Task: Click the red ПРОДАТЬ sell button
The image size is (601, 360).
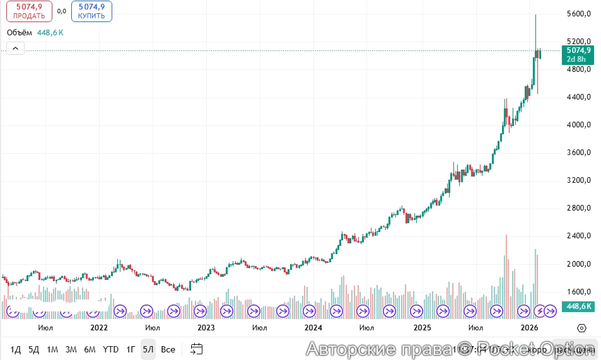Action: [29, 11]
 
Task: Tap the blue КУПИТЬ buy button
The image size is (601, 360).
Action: [91, 11]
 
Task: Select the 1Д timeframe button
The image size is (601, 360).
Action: [16, 349]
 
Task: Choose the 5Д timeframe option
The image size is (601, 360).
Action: [34, 349]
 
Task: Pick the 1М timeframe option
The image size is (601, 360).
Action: [52, 349]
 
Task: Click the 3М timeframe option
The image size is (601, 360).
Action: [71, 349]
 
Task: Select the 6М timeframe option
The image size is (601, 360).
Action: [90, 349]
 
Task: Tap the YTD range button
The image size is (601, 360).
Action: [111, 349]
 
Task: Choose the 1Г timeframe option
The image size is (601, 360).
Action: [131, 349]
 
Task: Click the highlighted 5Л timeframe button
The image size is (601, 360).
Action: [148, 349]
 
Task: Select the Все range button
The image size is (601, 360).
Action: [168, 349]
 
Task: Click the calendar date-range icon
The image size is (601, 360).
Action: [197, 349]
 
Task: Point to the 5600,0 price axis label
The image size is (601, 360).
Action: [578, 14]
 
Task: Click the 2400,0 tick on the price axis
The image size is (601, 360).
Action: [578, 236]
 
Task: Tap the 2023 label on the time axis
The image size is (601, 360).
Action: [206, 328]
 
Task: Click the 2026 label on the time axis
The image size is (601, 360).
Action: [529, 328]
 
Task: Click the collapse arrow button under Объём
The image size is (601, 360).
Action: [15, 49]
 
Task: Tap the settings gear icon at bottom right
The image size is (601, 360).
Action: [582, 328]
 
